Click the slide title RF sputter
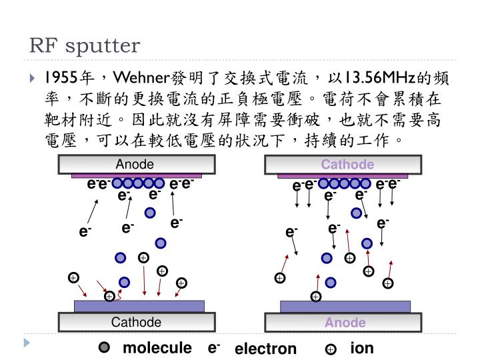(x=85, y=45)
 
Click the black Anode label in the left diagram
(x=135, y=165)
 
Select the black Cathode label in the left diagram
(x=136, y=323)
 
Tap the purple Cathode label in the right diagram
(x=347, y=165)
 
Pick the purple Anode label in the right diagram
(x=345, y=323)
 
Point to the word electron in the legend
(x=265, y=349)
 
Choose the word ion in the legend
(x=362, y=348)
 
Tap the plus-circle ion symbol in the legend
(x=330, y=349)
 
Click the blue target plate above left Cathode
(x=139, y=306)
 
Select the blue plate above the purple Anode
(x=345, y=306)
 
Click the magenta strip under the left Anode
(x=136, y=176)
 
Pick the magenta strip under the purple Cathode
(x=343, y=176)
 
